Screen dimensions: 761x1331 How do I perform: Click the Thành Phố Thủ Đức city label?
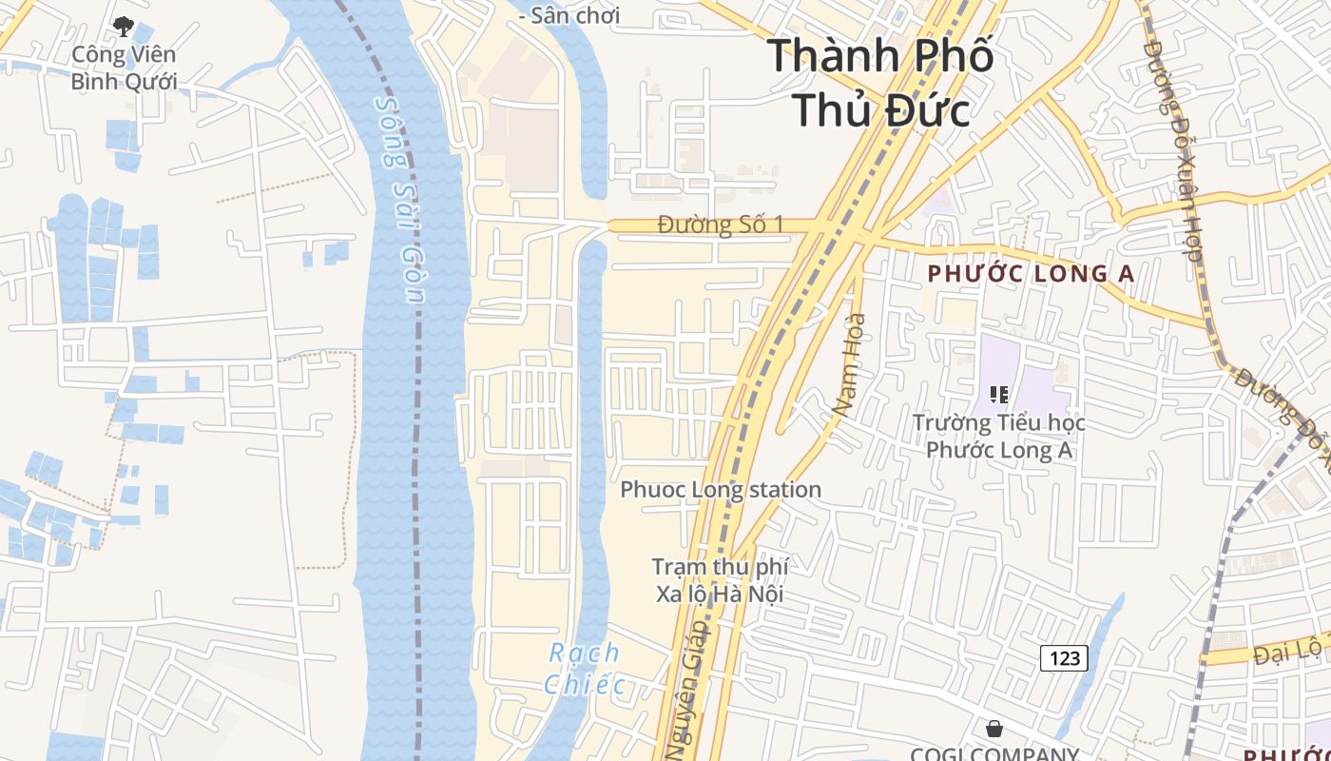tap(880, 83)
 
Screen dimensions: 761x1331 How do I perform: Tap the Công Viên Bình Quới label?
tap(124, 68)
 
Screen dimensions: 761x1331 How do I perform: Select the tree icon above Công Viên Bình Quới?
tap(123, 26)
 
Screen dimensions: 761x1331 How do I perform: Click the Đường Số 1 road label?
tap(721, 225)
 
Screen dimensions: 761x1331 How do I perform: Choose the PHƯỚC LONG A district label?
tap(1031, 274)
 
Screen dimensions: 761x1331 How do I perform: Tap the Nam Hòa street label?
tap(849, 364)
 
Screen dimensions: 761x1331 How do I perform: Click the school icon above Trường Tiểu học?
tap(998, 394)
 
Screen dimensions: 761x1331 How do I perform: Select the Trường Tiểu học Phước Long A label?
tap(999, 436)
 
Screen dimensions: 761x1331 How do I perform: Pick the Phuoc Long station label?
tap(721, 490)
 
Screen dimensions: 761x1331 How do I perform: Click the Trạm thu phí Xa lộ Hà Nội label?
tap(720, 580)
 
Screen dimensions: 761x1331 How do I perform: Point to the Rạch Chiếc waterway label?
tap(586, 669)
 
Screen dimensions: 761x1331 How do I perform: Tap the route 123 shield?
tap(1064, 657)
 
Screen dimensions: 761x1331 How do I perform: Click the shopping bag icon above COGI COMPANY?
tap(994, 729)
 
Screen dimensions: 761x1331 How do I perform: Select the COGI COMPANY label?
tap(994, 753)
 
